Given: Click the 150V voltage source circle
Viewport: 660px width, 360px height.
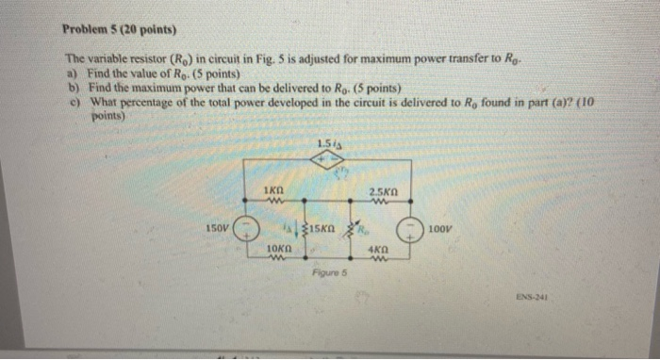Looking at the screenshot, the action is [246, 228].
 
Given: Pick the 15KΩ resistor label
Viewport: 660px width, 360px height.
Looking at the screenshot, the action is [322, 229].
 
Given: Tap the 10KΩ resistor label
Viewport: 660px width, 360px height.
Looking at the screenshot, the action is [275, 248].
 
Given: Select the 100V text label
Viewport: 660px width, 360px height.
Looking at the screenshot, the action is [439, 228].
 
